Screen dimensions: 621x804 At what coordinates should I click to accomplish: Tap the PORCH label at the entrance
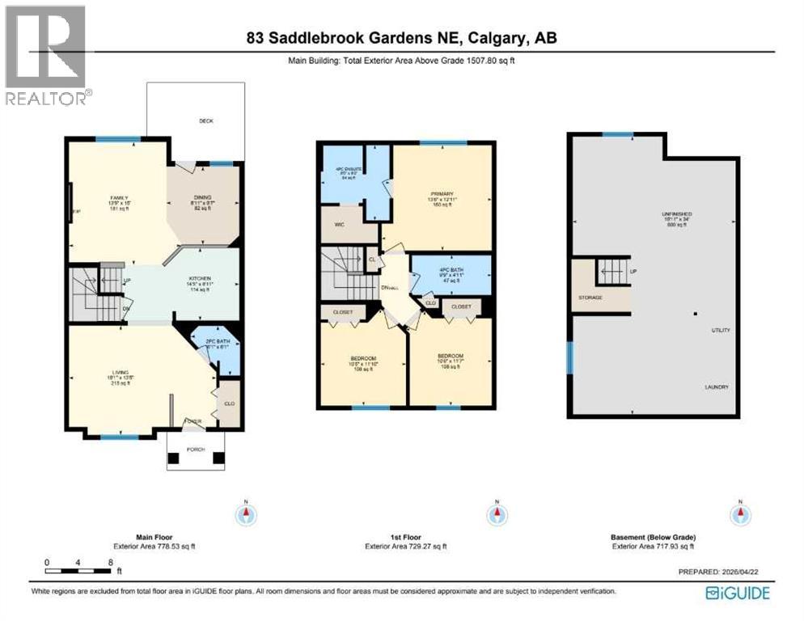click(195, 450)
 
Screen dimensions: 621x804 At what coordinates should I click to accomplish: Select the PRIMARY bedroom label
click(442, 194)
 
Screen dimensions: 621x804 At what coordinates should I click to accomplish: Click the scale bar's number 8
click(109, 561)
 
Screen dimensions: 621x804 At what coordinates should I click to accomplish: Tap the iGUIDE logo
click(737, 594)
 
